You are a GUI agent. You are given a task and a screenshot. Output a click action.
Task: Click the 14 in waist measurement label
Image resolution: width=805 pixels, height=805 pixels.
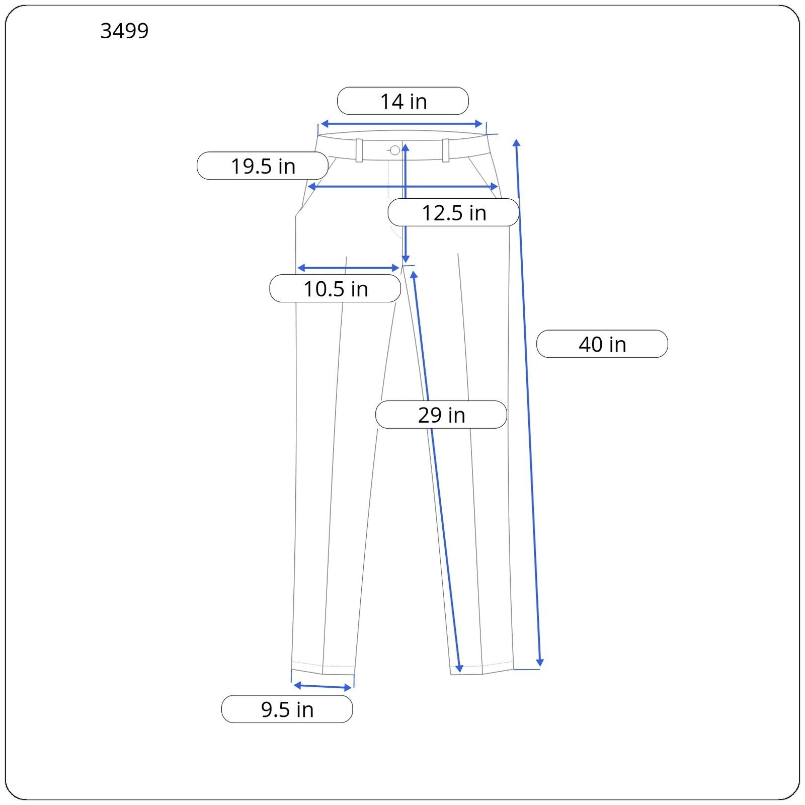click(x=403, y=101)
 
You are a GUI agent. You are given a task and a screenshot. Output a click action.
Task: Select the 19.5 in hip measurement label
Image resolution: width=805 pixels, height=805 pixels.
click(x=263, y=166)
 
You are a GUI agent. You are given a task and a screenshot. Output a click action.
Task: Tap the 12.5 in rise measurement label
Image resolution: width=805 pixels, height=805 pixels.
click(x=453, y=212)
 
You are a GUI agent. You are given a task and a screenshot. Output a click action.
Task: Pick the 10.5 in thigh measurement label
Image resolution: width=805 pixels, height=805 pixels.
click(x=335, y=288)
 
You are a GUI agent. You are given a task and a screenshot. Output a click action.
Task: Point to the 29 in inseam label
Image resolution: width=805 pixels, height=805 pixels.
click(x=441, y=415)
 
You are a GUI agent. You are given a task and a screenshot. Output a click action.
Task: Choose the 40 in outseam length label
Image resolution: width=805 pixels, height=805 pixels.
click(x=602, y=344)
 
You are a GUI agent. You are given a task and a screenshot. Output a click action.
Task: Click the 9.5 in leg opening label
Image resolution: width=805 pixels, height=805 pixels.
click(x=287, y=709)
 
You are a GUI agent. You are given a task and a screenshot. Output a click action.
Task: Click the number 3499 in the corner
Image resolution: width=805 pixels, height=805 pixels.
click(x=124, y=31)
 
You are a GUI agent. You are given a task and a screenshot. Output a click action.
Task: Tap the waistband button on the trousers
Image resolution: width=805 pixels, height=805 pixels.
click(x=395, y=150)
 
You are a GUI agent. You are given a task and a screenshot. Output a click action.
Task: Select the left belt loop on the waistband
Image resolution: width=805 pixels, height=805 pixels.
click(x=359, y=150)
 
